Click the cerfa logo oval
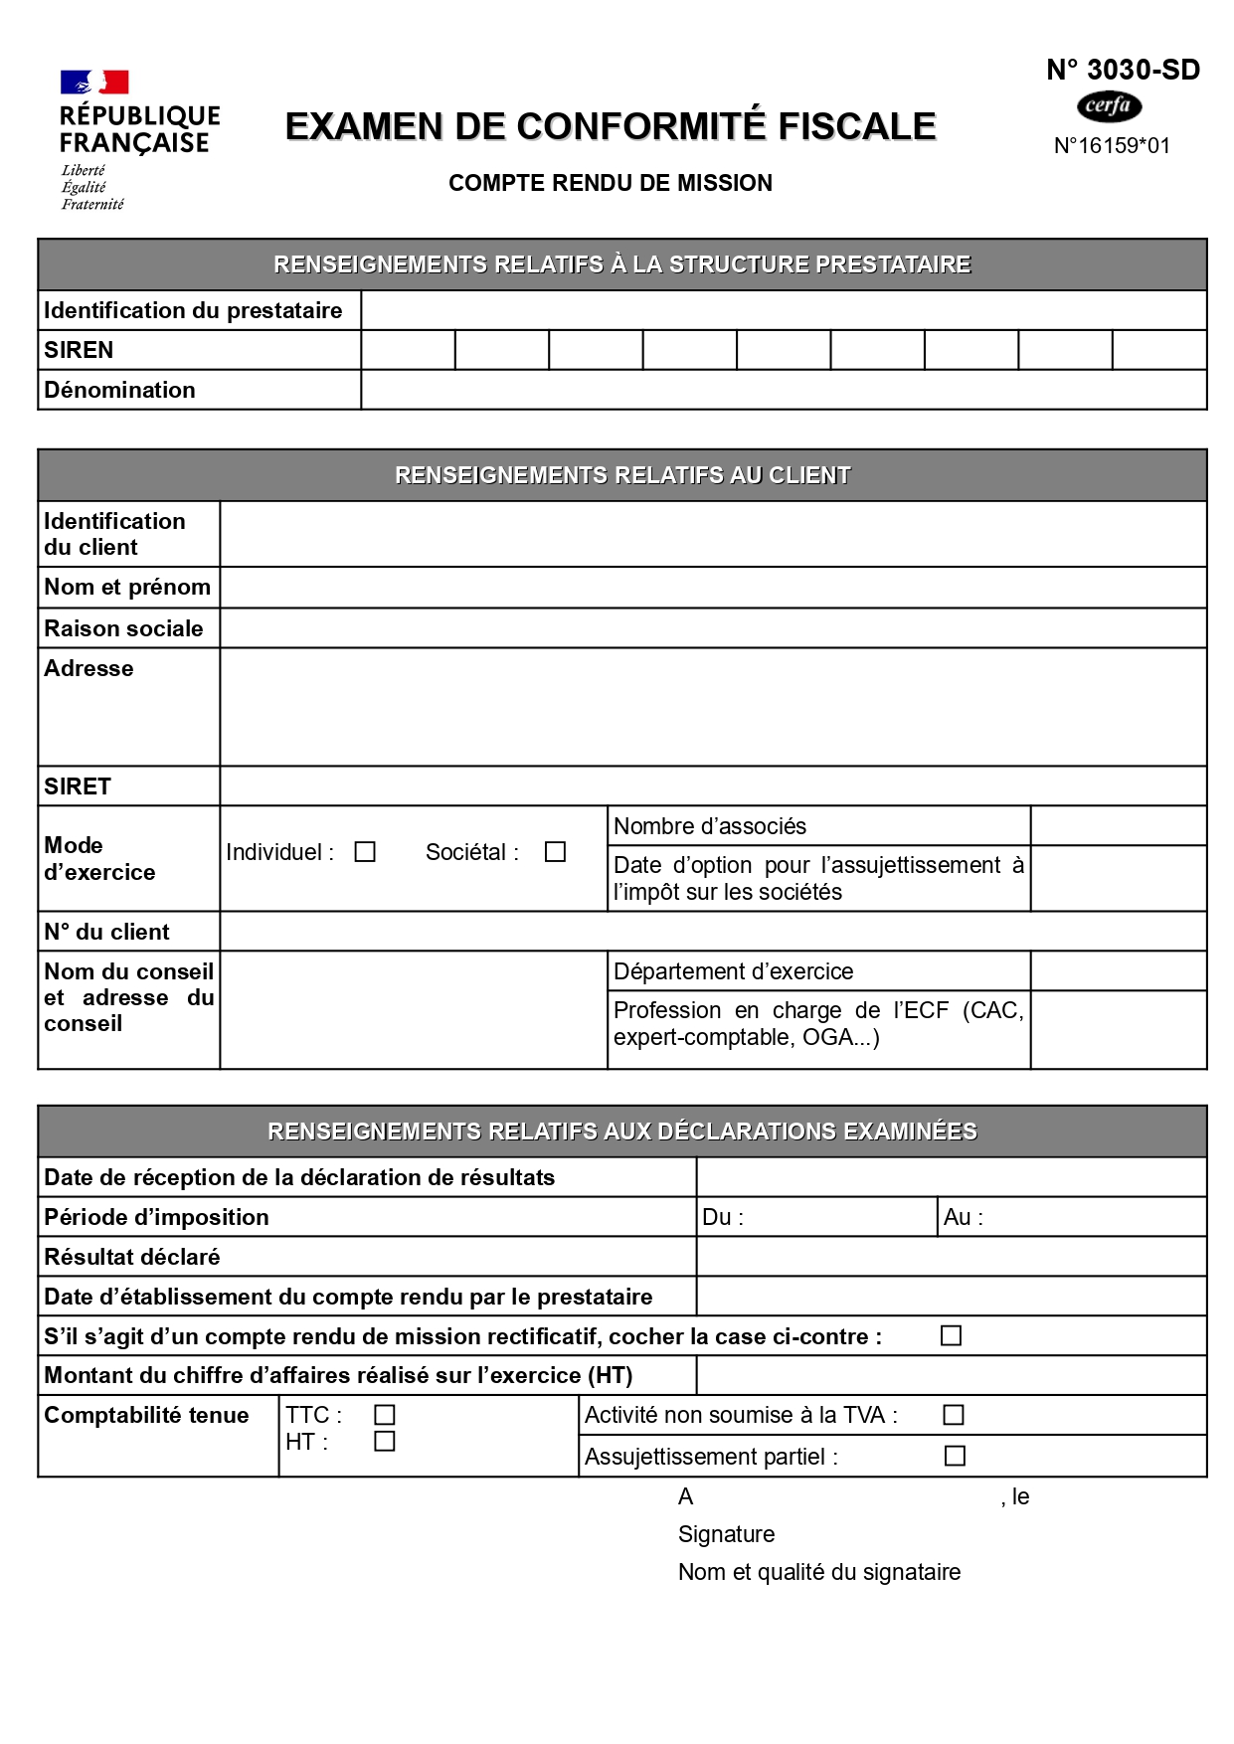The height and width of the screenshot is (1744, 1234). coord(1109,105)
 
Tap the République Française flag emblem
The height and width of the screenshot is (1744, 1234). coord(94,82)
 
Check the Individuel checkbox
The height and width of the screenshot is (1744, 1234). coord(365,852)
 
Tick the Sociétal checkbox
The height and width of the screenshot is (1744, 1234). coord(555,852)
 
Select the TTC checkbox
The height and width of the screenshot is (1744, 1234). coord(385,1415)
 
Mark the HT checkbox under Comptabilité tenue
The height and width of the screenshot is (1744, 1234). coord(385,1441)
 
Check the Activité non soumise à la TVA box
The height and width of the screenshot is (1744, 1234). coord(954,1415)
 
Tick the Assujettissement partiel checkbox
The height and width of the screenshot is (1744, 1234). coord(955,1456)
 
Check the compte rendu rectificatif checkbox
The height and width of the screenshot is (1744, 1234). coord(952,1335)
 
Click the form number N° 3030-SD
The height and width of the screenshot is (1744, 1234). coord(1123,70)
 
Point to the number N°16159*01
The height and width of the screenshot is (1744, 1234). coord(1112,146)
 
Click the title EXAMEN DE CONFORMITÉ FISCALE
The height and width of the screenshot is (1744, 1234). coord(611,126)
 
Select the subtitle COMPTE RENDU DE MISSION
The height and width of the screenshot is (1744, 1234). coord(611,183)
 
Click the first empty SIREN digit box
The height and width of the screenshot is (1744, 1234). coord(408,350)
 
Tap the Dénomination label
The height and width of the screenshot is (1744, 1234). coord(119,390)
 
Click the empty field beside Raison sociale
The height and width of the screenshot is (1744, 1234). coord(712,628)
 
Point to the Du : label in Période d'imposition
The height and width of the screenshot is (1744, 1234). coord(723,1217)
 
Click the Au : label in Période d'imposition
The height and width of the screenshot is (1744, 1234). coord(963,1217)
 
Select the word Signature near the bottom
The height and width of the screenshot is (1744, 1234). coord(726,1534)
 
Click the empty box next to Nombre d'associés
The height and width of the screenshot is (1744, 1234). coord(1118,826)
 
